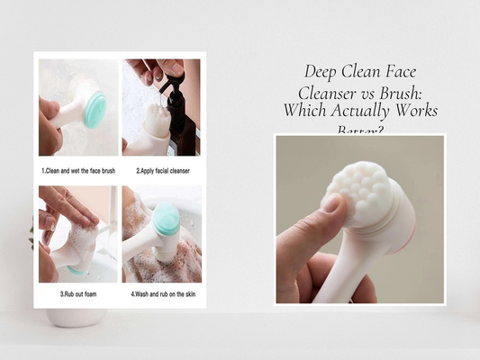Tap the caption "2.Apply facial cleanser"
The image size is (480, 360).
(x=163, y=169)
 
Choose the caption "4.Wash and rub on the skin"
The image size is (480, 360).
(x=163, y=294)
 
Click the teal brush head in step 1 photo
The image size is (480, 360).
(x=95, y=109)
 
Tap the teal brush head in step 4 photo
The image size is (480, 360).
(x=167, y=219)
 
